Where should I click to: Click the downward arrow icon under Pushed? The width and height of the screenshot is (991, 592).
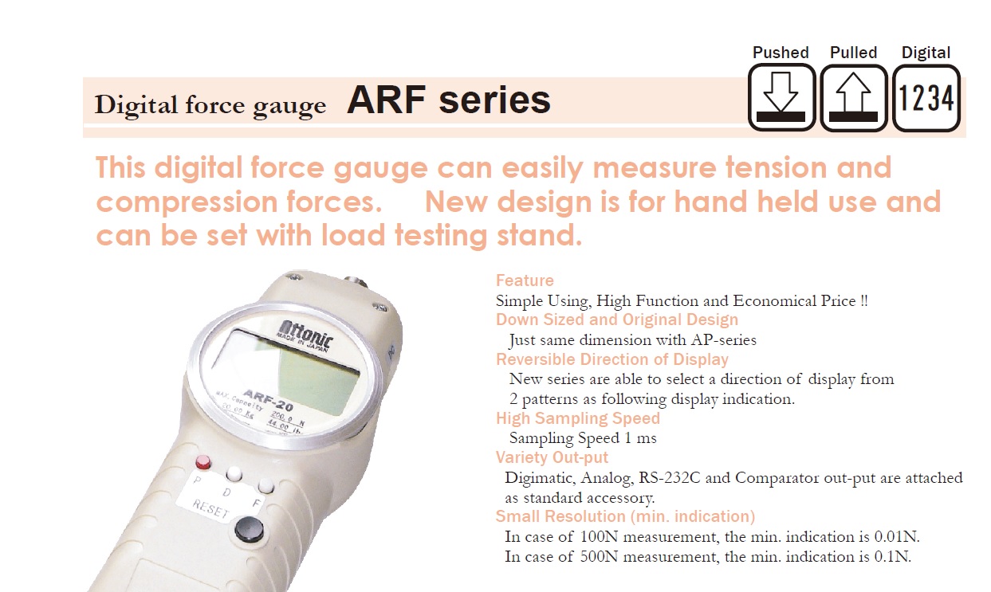[782, 98]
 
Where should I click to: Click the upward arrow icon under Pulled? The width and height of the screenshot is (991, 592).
[854, 98]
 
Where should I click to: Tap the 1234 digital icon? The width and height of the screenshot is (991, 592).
[926, 98]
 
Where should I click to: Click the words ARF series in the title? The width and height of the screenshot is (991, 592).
[449, 100]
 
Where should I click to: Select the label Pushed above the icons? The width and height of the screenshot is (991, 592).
[781, 53]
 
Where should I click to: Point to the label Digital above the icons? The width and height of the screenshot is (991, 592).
[926, 53]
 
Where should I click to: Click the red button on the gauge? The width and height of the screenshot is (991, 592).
[203, 462]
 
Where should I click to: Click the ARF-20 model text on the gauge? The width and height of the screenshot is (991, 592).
[269, 400]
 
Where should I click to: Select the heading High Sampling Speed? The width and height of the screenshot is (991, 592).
[578, 418]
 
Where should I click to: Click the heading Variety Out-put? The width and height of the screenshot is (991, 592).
[552, 457]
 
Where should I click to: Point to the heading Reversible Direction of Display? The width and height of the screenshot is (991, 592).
[612, 359]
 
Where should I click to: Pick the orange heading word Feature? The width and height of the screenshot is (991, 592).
[525, 280]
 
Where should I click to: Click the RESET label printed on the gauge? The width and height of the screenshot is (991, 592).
[210, 508]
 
